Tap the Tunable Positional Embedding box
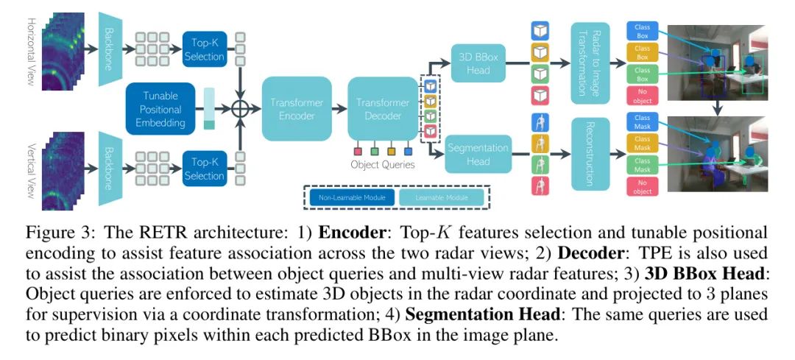(x=160, y=109)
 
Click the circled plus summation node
(x=240, y=109)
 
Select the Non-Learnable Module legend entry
(x=349, y=197)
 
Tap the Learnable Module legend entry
(x=442, y=197)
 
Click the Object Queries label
(x=383, y=165)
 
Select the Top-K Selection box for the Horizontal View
(x=202, y=50)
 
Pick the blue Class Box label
(x=643, y=30)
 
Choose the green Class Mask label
(x=642, y=166)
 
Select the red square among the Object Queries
(x=358, y=151)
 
